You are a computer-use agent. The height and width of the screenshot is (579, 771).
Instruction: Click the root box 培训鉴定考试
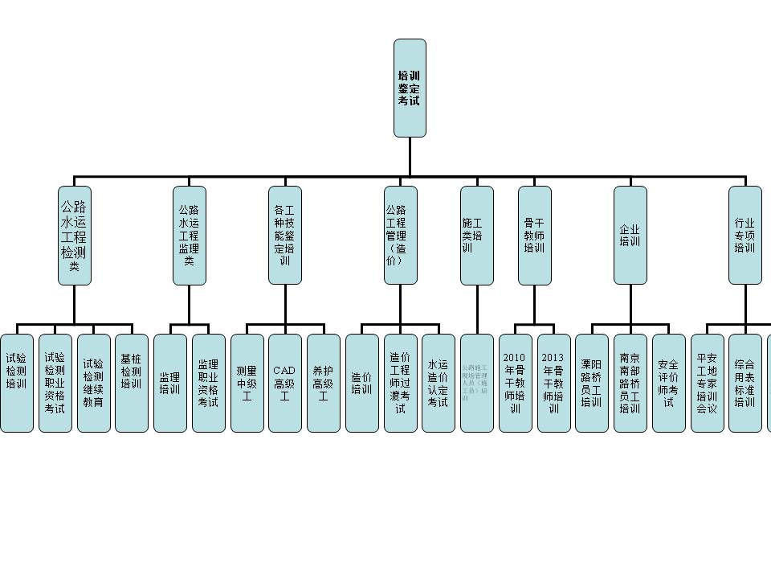[x=410, y=88]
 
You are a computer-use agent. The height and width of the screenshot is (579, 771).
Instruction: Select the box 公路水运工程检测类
[x=75, y=235]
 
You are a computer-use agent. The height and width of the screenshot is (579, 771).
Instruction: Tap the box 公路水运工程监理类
[x=190, y=235]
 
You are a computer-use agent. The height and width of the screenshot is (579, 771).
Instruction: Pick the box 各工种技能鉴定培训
[x=285, y=235]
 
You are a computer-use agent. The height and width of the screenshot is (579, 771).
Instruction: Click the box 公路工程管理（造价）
[x=400, y=235]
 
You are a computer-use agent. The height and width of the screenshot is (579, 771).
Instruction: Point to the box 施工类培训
[x=477, y=235]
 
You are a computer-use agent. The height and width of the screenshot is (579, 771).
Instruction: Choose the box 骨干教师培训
[x=534, y=235]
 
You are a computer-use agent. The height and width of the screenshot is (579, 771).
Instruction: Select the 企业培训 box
[x=630, y=235]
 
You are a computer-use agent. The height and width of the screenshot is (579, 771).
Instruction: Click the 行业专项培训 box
[x=744, y=235]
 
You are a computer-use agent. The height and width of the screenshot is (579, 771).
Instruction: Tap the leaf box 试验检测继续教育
[x=94, y=383]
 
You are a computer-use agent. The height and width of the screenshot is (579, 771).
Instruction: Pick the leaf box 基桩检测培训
[x=132, y=383]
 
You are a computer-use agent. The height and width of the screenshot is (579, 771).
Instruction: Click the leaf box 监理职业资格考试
[x=208, y=383]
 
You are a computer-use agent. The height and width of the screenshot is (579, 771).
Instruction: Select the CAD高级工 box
[x=285, y=383]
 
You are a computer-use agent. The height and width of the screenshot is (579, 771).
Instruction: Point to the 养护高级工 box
[x=323, y=383]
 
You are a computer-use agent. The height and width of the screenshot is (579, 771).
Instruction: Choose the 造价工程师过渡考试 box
[x=400, y=383]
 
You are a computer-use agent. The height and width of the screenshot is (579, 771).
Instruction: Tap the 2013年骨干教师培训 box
[x=553, y=383]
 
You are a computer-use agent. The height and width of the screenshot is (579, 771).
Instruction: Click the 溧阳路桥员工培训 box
[x=592, y=383]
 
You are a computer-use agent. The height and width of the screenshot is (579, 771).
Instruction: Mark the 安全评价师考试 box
[x=668, y=383]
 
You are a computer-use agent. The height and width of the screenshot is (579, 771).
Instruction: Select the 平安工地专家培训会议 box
[x=707, y=383]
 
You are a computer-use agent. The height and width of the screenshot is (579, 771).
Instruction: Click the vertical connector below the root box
[x=410, y=156]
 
